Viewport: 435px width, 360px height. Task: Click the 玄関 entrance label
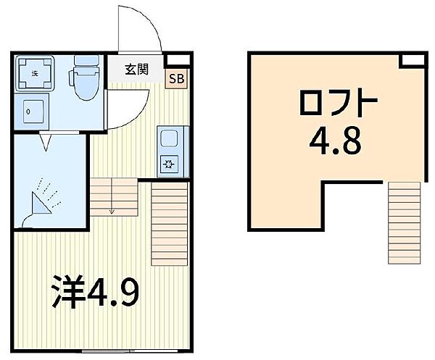click(x=136, y=70)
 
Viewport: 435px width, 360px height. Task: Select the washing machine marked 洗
click(x=35, y=73)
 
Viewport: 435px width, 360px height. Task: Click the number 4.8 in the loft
click(x=337, y=143)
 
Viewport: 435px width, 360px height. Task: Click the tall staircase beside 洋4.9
click(x=169, y=225)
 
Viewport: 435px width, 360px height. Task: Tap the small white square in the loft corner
click(x=413, y=60)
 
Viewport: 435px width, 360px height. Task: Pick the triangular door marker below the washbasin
click(x=45, y=141)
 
